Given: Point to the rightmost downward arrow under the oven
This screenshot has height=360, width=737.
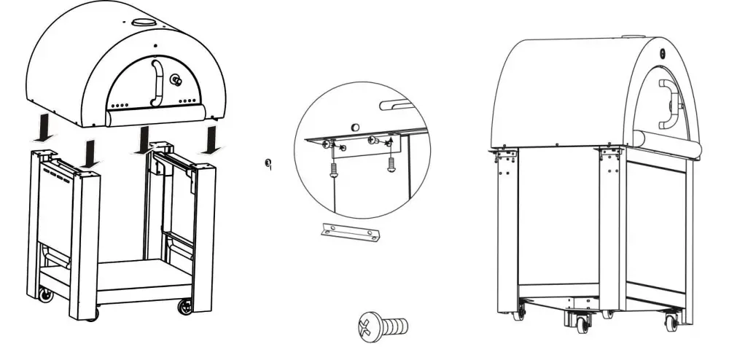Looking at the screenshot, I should pos(212,138).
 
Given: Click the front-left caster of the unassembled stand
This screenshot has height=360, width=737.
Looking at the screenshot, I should pos(45,295).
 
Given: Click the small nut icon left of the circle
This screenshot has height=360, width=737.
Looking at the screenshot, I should pos(268,163).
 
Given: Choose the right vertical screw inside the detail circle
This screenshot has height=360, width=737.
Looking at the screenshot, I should pos(391,164).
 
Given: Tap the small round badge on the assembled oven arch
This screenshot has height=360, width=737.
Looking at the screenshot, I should pos(661,52).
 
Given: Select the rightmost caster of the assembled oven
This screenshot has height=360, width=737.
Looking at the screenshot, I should pos(671,320).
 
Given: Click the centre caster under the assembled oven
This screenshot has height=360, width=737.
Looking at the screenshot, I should pos(582,322).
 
